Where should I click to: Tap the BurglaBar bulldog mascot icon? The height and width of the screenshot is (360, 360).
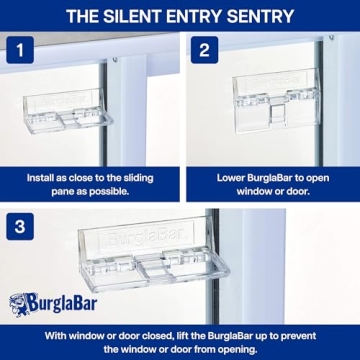point(21,303)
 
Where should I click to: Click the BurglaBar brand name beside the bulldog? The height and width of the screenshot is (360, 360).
point(65,302)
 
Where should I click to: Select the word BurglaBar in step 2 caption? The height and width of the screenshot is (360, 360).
point(273,176)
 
